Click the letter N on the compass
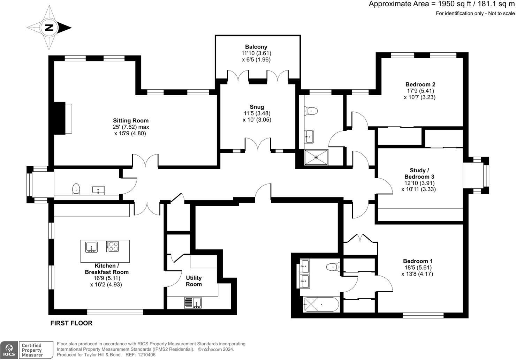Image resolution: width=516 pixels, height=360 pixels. (x=49, y=28)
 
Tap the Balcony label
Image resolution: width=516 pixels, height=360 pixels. (x=256, y=47)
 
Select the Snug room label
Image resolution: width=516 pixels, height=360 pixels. (x=257, y=107)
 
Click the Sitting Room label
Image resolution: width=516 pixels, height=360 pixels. (x=131, y=121)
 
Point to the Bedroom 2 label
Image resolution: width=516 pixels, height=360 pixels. (x=420, y=84)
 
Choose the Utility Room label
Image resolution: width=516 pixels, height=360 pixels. (x=194, y=281)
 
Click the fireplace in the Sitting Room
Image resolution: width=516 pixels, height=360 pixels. (x=63, y=118)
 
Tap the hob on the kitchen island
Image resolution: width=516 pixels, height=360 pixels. (x=113, y=246)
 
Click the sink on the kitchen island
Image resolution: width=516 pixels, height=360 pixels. (x=91, y=247)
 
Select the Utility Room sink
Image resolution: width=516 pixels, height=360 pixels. (x=193, y=303)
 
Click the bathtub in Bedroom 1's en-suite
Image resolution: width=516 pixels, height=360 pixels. (x=321, y=305)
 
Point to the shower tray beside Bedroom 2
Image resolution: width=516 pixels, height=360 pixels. (x=316, y=157)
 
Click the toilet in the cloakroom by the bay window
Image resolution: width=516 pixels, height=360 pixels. (x=76, y=189)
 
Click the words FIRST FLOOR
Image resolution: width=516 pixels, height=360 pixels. (x=71, y=323)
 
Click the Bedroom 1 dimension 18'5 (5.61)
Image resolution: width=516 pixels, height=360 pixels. (x=418, y=268)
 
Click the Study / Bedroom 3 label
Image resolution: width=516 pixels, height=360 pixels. (x=419, y=174)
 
